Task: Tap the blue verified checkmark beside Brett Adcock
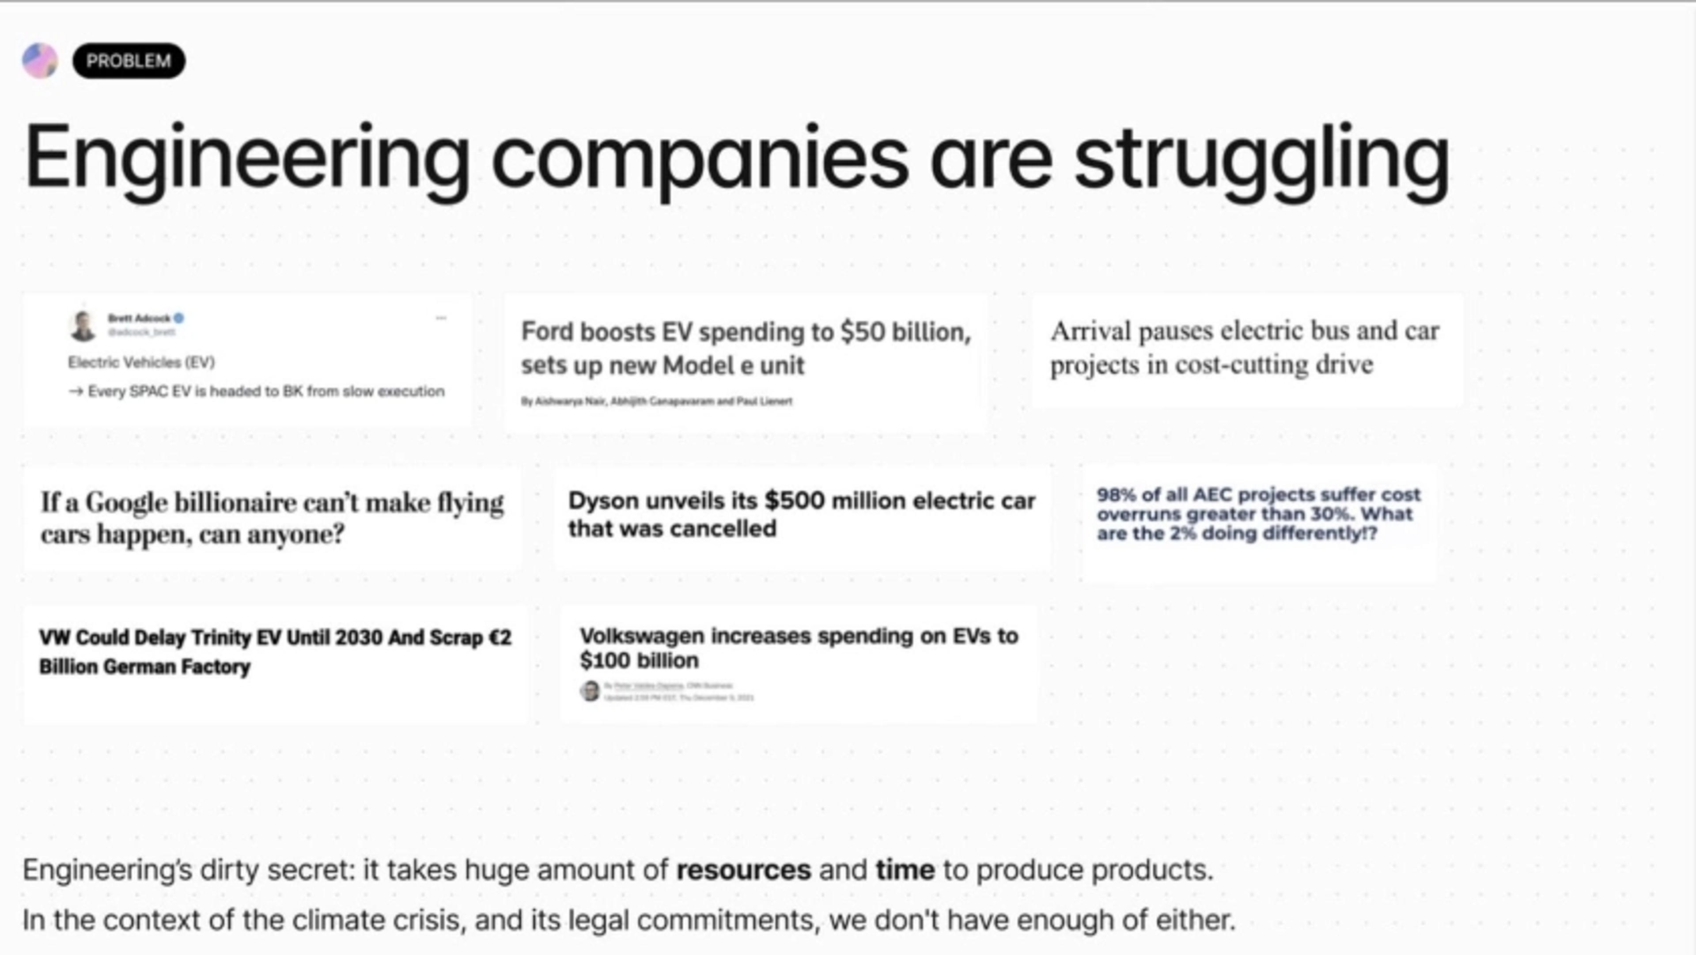point(178,318)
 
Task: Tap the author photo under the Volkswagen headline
point(590,691)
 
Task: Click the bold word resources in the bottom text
point(743,870)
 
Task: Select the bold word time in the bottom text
point(905,870)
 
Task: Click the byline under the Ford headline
point(656,401)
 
